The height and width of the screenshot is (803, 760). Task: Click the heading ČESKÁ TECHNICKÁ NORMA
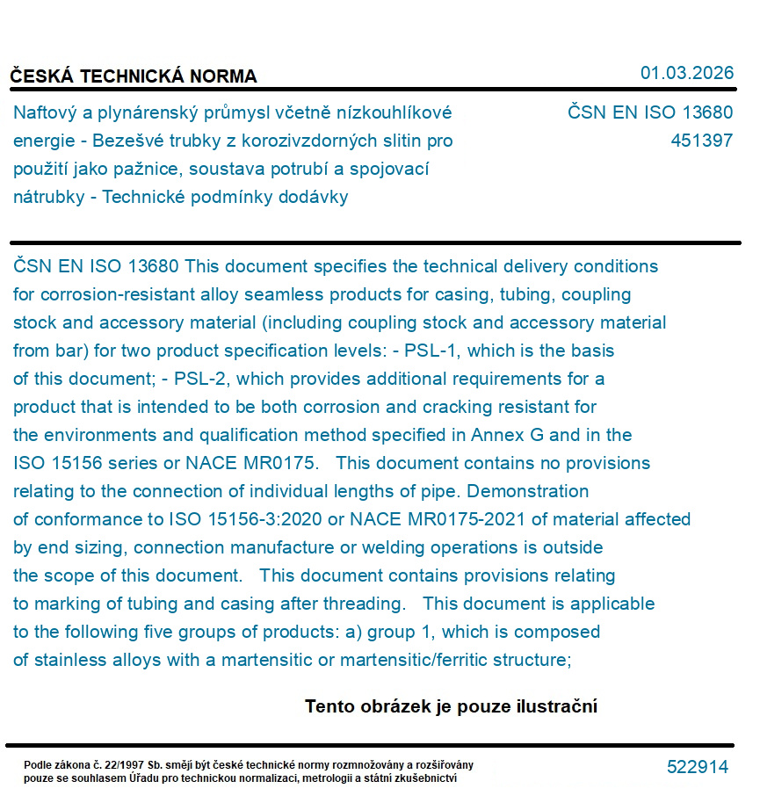[x=134, y=76]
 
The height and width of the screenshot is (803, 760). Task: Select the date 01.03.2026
[x=686, y=73]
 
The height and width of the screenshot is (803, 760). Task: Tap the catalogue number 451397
[x=701, y=141]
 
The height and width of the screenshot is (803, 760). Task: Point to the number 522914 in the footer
[x=698, y=767]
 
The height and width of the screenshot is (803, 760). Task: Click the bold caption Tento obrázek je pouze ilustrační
[x=451, y=706]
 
